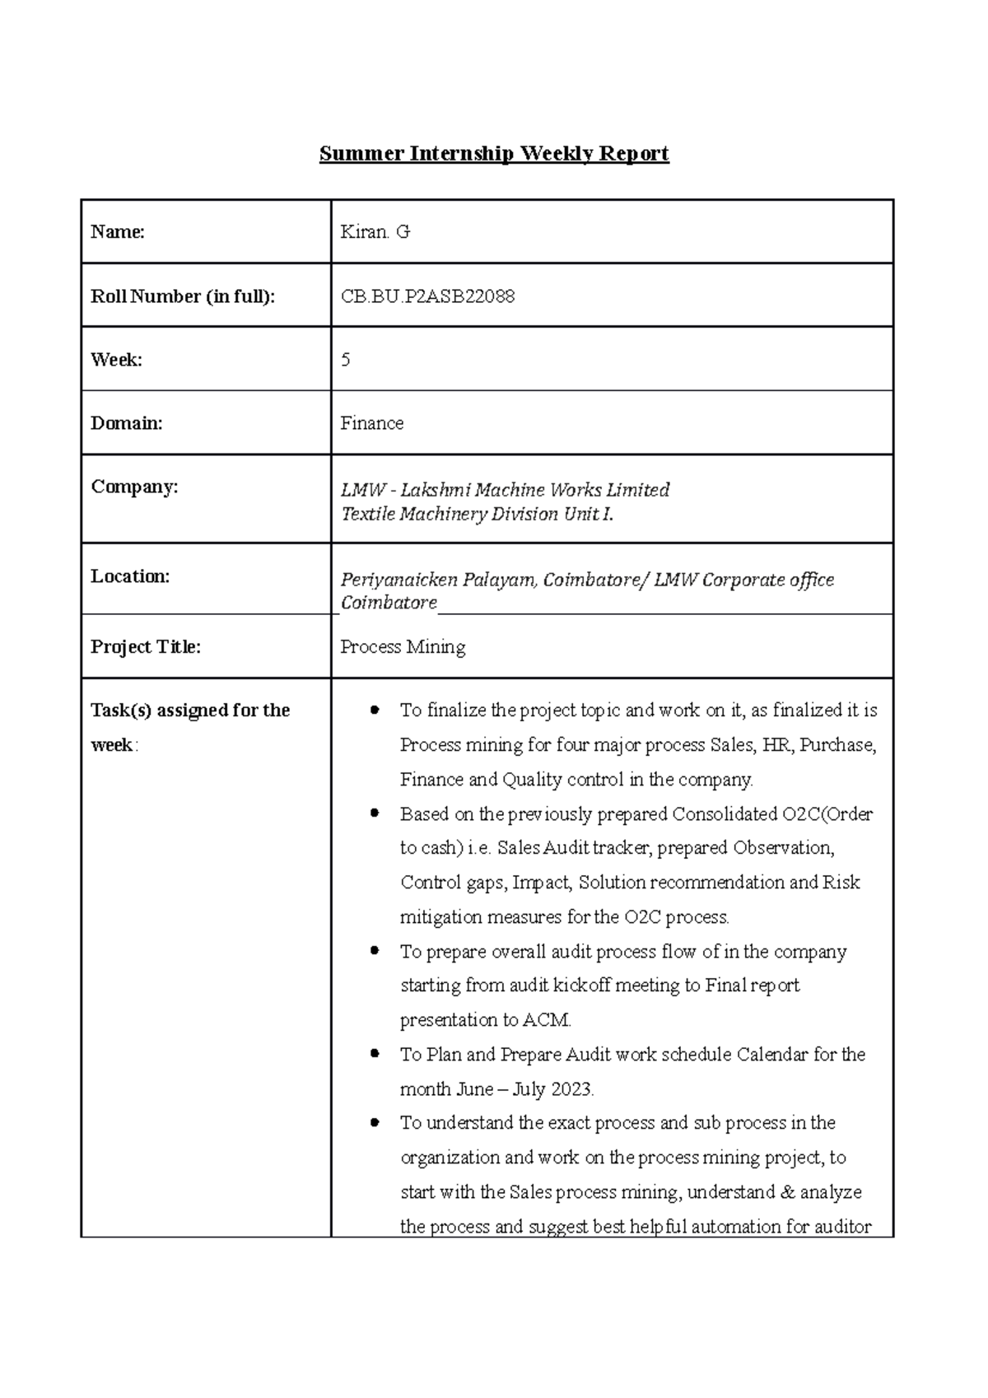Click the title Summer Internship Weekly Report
[494, 154]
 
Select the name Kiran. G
[375, 232]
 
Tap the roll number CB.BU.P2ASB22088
[427, 296]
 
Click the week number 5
[346, 360]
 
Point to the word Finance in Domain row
[371, 423]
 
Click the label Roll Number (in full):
[183, 296]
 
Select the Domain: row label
[126, 423]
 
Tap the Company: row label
[134, 487]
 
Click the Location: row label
[130, 576]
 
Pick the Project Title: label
[146, 647]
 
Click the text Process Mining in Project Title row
[403, 647]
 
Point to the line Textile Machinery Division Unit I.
[478, 515]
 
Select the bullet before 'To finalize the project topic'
[375, 709]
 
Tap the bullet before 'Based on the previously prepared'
[375, 813]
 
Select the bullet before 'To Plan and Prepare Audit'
[375, 1053]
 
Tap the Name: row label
[118, 232]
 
